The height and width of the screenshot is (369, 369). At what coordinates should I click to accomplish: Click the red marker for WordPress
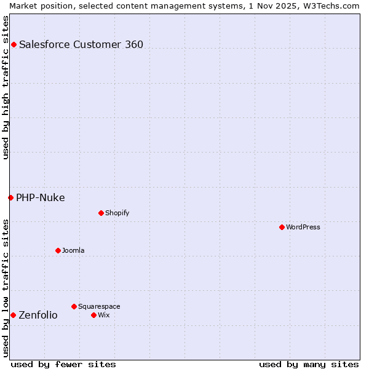[282, 227]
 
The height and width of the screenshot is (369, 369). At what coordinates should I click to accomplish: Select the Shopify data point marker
[101, 213]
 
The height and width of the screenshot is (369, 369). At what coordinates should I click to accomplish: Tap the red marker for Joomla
[58, 250]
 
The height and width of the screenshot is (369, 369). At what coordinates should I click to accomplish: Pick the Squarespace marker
[74, 306]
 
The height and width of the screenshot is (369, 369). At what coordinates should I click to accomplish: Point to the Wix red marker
[93, 315]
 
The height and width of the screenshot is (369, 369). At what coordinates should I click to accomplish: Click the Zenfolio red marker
[13, 315]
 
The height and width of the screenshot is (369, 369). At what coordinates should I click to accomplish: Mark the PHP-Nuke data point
[10, 197]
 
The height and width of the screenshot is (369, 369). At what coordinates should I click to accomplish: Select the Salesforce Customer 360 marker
[14, 44]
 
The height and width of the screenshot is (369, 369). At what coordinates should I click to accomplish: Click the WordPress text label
[303, 227]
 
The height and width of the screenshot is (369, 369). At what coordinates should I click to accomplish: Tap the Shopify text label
[117, 213]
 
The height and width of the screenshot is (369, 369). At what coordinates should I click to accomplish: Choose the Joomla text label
[73, 250]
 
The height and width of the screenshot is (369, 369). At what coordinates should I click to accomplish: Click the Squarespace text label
[99, 306]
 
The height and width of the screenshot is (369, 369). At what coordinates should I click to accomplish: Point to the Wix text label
[103, 315]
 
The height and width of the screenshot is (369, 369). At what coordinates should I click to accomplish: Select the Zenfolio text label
[38, 315]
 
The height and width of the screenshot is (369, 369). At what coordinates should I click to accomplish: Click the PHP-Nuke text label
[41, 197]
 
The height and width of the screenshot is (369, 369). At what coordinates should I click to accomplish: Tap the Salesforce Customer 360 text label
[81, 44]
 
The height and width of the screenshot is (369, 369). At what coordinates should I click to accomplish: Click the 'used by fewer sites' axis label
[63, 364]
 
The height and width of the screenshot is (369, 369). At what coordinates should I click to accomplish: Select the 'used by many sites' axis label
[309, 364]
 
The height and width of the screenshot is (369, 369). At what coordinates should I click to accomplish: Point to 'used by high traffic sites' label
[6, 87]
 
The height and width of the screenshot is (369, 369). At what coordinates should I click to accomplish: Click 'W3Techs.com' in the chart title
[330, 6]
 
